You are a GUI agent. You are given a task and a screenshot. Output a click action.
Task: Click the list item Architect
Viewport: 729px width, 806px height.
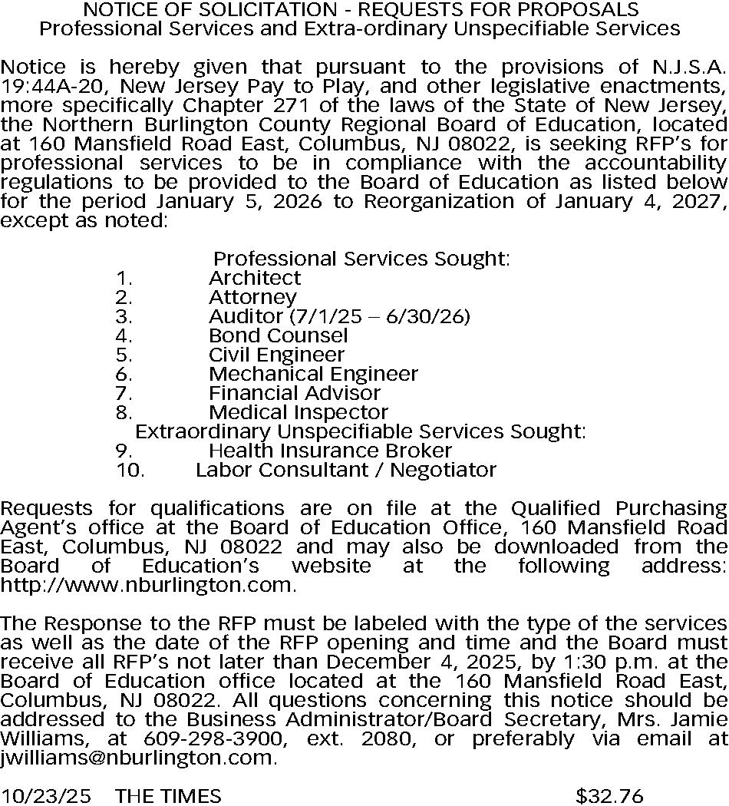pos(255,278)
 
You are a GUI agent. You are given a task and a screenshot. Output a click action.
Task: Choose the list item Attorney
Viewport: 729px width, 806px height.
pos(252,297)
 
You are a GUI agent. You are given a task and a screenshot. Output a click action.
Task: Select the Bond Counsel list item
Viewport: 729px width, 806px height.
pos(278,335)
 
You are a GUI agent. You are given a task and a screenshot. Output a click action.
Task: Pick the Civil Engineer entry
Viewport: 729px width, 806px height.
pos(276,355)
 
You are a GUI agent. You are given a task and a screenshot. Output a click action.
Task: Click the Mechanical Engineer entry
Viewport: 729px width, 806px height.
pos(313,374)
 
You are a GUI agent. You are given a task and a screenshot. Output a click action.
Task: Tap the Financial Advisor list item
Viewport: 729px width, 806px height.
pos(295,393)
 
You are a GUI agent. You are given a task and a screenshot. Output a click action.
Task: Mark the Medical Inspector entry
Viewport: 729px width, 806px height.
pos(299,412)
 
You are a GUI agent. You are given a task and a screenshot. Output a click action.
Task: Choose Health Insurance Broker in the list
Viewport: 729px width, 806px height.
pos(330,451)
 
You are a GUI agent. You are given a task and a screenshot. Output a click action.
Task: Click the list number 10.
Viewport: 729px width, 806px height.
pos(130,470)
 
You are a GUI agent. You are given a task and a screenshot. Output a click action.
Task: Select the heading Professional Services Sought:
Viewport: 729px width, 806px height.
pos(361,259)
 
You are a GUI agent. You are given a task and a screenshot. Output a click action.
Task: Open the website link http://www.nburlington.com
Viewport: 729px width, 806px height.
pos(147,585)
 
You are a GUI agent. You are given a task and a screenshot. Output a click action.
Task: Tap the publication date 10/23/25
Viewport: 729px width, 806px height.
pos(45,796)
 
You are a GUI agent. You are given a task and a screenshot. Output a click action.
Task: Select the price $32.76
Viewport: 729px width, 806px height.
pos(609,796)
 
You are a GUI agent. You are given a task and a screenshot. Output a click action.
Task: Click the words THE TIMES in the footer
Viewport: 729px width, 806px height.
pos(168,796)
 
